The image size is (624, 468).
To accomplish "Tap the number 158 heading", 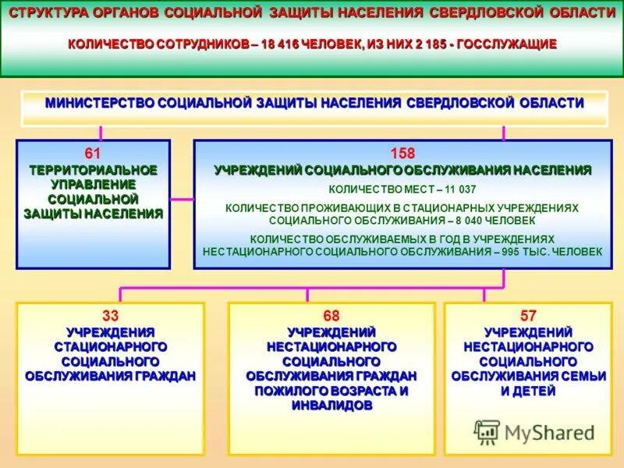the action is click(x=402, y=153).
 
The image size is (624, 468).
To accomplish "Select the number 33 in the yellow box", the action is click(x=110, y=316).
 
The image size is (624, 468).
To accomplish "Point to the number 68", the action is click(x=331, y=316).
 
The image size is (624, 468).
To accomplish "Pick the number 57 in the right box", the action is click(x=528, y=316).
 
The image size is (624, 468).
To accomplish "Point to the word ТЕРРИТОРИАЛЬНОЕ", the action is click(x=93, y=169).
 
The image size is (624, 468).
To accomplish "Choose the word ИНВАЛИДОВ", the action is click(x=331, y=406).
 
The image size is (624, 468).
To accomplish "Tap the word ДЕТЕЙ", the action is click(x=535, y=392).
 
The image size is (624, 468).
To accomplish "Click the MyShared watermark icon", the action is click(x=487, y=432).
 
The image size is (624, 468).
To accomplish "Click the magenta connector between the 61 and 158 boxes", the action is click(x=182, y=199).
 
